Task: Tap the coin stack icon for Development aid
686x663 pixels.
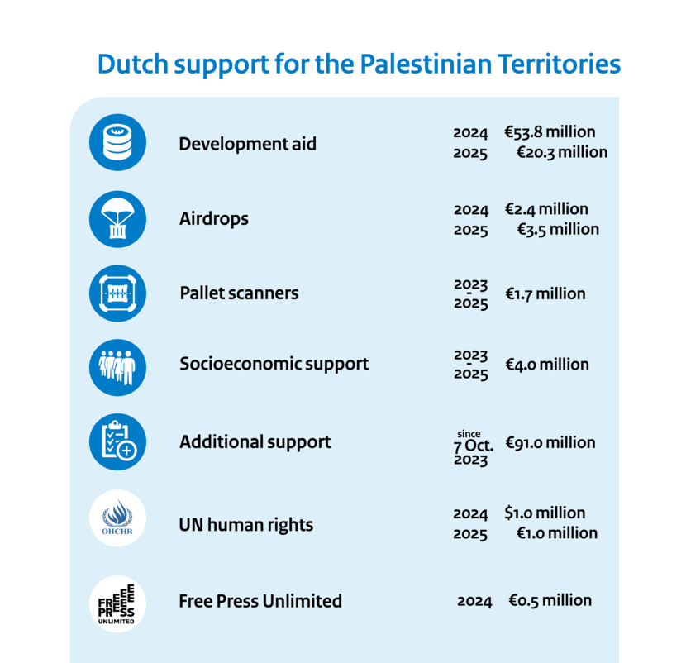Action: [117, 142]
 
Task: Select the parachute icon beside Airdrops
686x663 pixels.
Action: [117, 218]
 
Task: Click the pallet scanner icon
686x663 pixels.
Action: [117, 293]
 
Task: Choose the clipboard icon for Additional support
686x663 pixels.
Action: [117, 442]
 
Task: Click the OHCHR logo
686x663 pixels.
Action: [117, 518]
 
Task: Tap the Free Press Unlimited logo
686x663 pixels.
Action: [117, 603]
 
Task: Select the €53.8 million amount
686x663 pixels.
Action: [550, 132]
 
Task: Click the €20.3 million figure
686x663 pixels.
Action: [562, 152]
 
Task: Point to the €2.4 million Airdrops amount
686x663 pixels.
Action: [546, 209]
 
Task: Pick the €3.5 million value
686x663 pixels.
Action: [558, 229]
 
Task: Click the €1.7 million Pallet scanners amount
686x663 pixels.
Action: [545, 293]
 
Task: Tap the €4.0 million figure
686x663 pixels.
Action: [547, 365]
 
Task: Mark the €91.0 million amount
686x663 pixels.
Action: [550, 443]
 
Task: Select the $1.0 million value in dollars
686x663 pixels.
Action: [545, 513]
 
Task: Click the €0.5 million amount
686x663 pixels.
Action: [550, 601]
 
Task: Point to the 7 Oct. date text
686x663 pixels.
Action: [474, 446]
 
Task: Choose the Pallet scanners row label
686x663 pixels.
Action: [239, 293]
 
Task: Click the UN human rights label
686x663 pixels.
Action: [246, 525]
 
